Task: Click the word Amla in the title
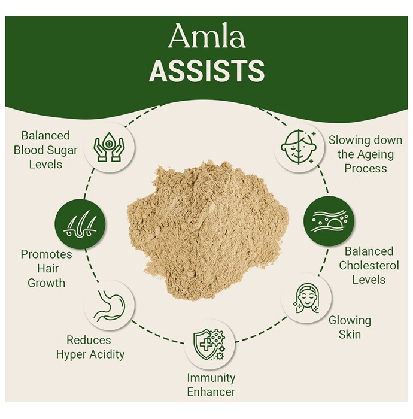coord(207,36)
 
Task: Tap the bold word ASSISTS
coord(207,71)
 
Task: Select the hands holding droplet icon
coord(109,147)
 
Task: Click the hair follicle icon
coord(80,224)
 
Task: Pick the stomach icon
coord(109,306)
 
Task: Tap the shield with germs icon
coord(209,344)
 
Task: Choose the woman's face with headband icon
coord(306,298)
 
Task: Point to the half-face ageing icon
coord(299,147)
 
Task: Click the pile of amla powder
coord(207,230)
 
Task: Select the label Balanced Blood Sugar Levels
coord(45,150)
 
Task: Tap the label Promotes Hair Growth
coord(47,268)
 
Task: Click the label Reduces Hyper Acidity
coord(90,347)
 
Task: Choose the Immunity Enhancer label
coord(211,385)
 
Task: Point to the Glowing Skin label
coord(350,327)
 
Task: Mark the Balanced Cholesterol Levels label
coord(369,265)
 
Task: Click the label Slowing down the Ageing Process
coord(365,154)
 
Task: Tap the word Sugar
coord(62,150)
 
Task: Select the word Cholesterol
coord(369,265)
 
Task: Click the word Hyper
coord(72,355)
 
